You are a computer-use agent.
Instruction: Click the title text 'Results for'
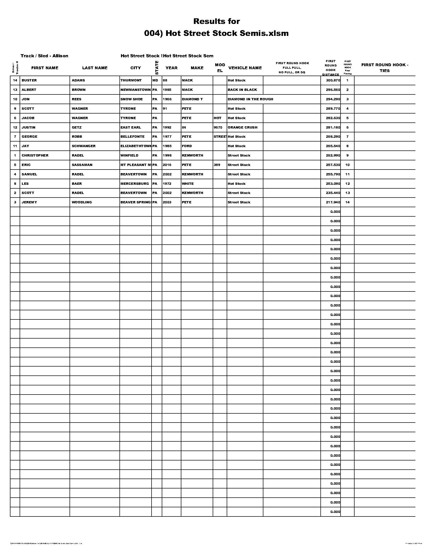coord(216,21)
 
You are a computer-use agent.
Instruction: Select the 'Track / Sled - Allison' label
coord(44,56)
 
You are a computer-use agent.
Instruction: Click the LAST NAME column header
coord(95,68)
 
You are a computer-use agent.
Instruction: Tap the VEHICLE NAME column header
coord(245,68)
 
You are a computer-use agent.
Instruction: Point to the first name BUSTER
coord(29,80)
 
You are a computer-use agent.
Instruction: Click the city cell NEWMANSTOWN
coord(136,90)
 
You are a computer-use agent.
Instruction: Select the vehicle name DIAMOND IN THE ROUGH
coord(250,99)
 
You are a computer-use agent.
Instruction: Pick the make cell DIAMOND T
coord(192,99)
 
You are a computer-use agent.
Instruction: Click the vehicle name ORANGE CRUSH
coord(242,128)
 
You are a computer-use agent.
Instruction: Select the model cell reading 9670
coord(218,128)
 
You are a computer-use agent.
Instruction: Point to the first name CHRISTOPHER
coord(35,155)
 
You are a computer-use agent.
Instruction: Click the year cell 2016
coord(167,165)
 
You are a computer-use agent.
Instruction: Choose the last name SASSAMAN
coord(82,165)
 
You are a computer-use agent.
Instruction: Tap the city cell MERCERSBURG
coord(135,184)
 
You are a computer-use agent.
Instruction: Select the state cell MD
coord(155,80)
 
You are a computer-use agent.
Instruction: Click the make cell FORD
coord(187,146)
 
